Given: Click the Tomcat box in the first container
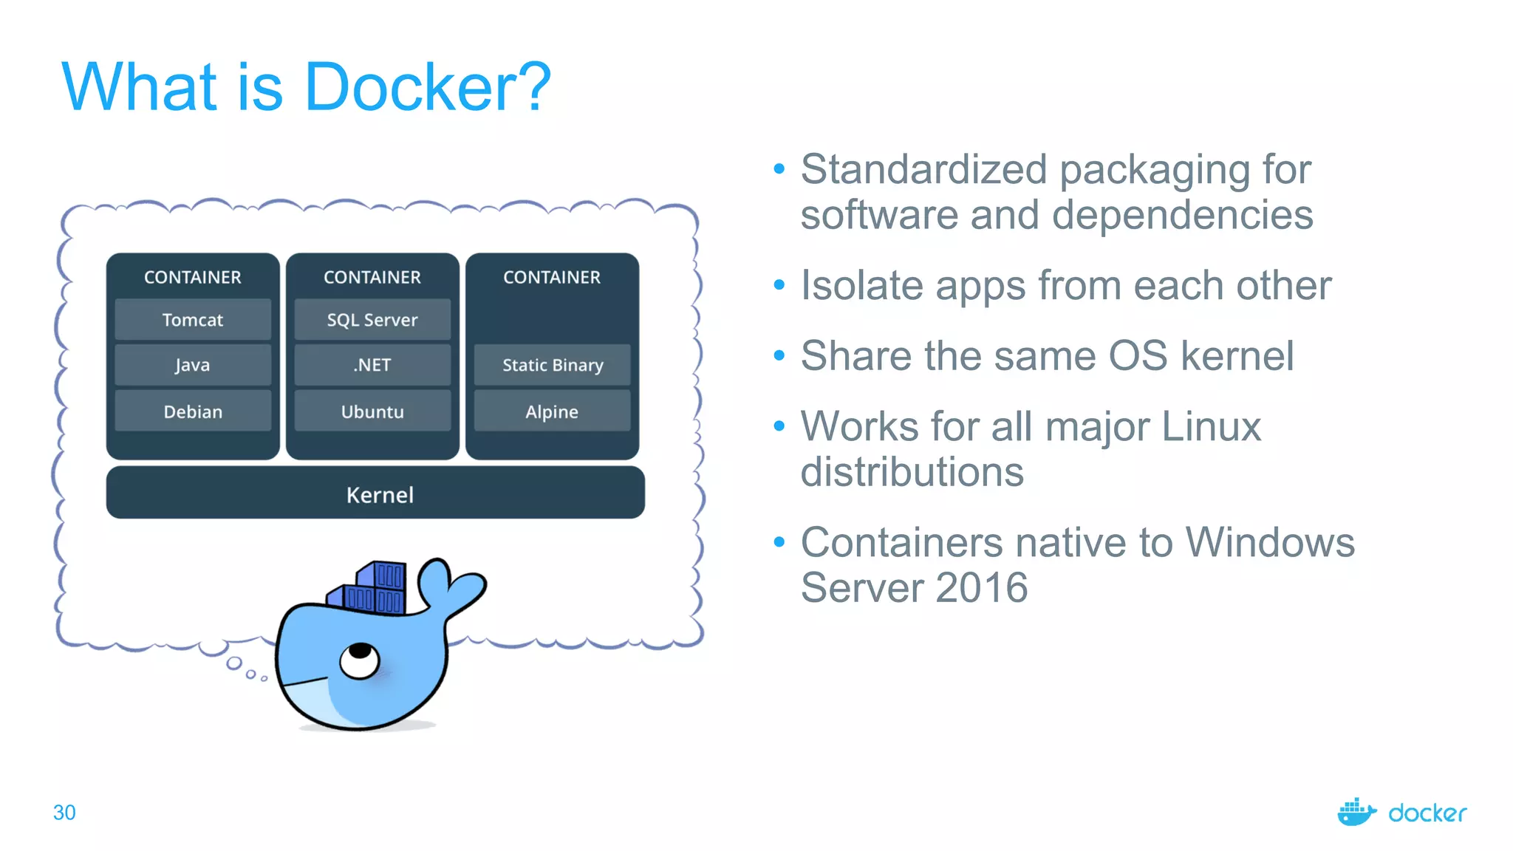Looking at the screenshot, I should point(193,320).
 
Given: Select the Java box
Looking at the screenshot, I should point(193,365).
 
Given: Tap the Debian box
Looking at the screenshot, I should point(193,411).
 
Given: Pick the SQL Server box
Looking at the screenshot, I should point(372,320).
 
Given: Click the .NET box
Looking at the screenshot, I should point(372,365).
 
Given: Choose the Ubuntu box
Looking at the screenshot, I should point(372,411).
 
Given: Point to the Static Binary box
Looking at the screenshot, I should point(552,365).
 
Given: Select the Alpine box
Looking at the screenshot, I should point(552,411).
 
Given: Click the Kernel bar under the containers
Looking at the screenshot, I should point(375,493).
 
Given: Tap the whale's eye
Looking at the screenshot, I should point(360,658).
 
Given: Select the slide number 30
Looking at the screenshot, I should point(64,813).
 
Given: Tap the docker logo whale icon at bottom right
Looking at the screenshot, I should point(1356,813).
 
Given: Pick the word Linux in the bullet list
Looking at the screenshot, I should point(1211,427).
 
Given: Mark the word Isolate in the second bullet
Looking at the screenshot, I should point(861,285).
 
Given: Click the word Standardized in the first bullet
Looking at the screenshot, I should point(923,169).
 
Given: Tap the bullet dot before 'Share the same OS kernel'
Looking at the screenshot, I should point(779,356).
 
